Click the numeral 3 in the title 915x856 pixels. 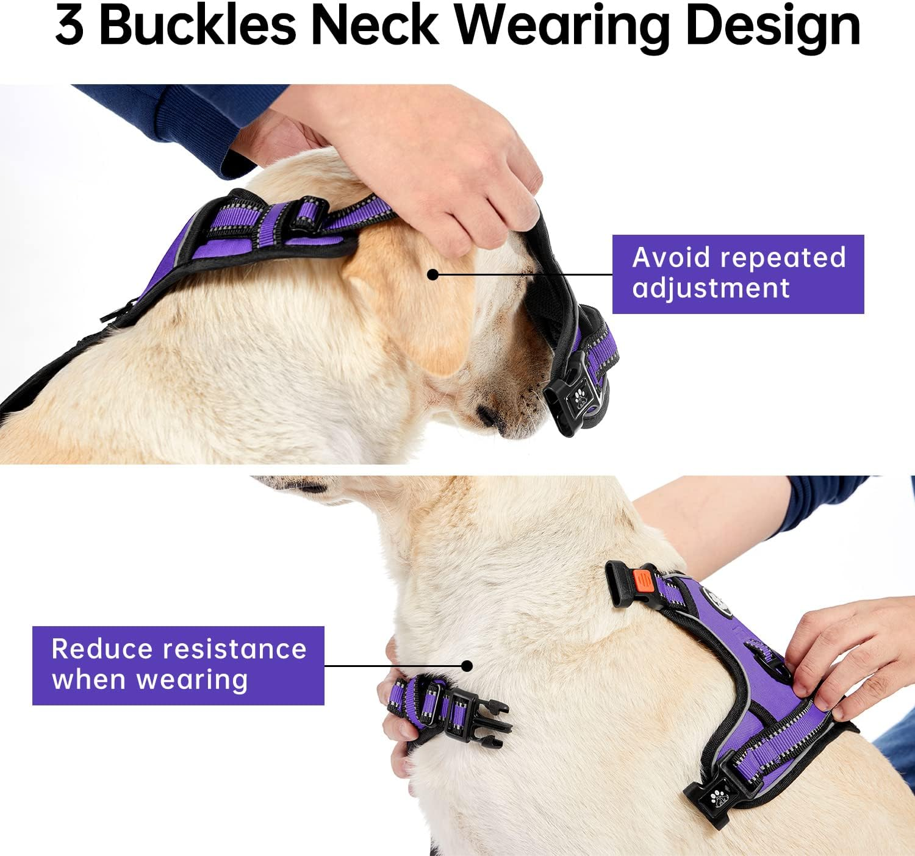(70, 27)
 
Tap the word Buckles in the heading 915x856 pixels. (197, 26)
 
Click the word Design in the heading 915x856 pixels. (772, 27)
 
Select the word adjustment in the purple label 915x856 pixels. (711, 288)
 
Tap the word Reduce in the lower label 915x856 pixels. (101, 649)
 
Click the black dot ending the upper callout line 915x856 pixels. (432, 275)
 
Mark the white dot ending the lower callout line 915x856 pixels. (467, 666)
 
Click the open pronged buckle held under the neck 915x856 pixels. (482, 722)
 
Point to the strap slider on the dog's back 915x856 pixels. (309, 213)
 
